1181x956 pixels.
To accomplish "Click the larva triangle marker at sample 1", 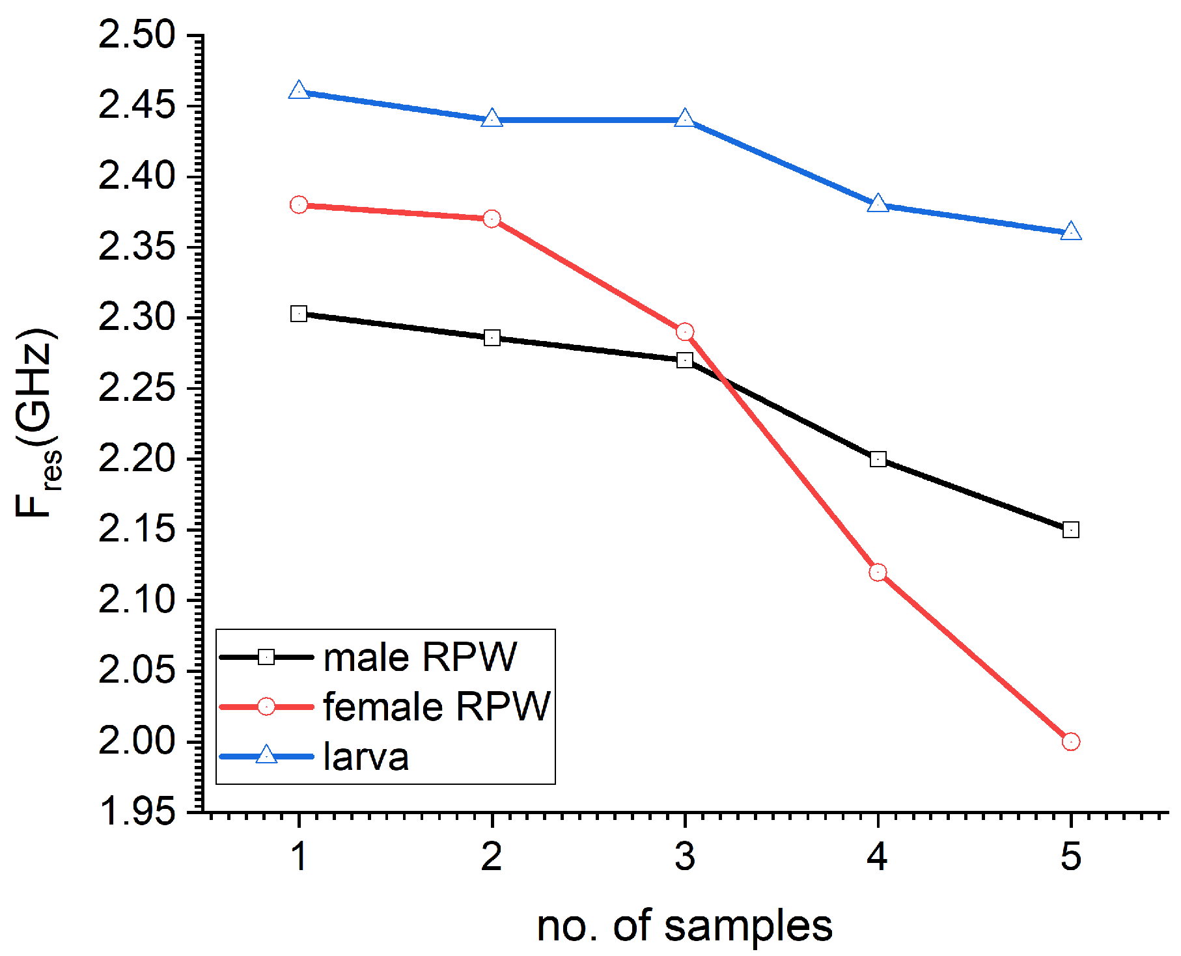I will (299, 90).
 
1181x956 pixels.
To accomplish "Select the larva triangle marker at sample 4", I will (878, 203).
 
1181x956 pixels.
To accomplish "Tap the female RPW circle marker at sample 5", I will (1070, 741).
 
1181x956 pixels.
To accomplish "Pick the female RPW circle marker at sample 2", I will (492, 219).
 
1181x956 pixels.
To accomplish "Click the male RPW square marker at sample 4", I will (878, 459).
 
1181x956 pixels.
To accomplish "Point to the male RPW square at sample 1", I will (299, 314).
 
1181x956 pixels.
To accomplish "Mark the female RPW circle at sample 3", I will (684, 332).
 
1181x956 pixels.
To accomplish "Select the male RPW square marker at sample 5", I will (1070, 530).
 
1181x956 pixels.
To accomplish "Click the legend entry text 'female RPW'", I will (437, 706).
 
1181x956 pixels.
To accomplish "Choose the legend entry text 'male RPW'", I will (420, 657).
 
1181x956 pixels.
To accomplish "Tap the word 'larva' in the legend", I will (366, 756).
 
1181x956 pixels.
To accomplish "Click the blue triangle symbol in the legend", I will (266, 755).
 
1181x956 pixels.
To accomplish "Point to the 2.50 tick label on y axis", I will (137, 35).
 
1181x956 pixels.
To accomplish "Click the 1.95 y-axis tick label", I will (137, 812).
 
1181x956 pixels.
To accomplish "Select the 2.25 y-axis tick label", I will (137, 389).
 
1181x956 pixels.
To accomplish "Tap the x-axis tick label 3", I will (684, 856).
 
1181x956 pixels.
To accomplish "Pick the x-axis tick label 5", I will (1070, 856).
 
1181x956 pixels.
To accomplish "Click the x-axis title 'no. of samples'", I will (684, 927).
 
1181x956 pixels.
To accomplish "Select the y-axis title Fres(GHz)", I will (38, 423).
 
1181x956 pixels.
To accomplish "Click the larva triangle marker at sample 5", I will (1070, 232).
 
